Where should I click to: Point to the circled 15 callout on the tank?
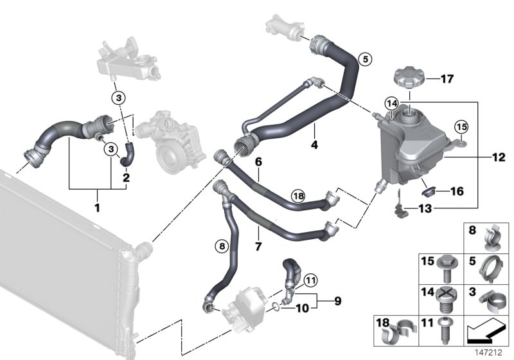pyautogui.click(x=461, y=127)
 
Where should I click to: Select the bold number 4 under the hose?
pyautogui.click(x=314, y=145)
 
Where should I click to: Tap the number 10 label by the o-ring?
pyautogui.click(x=302, y=308)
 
